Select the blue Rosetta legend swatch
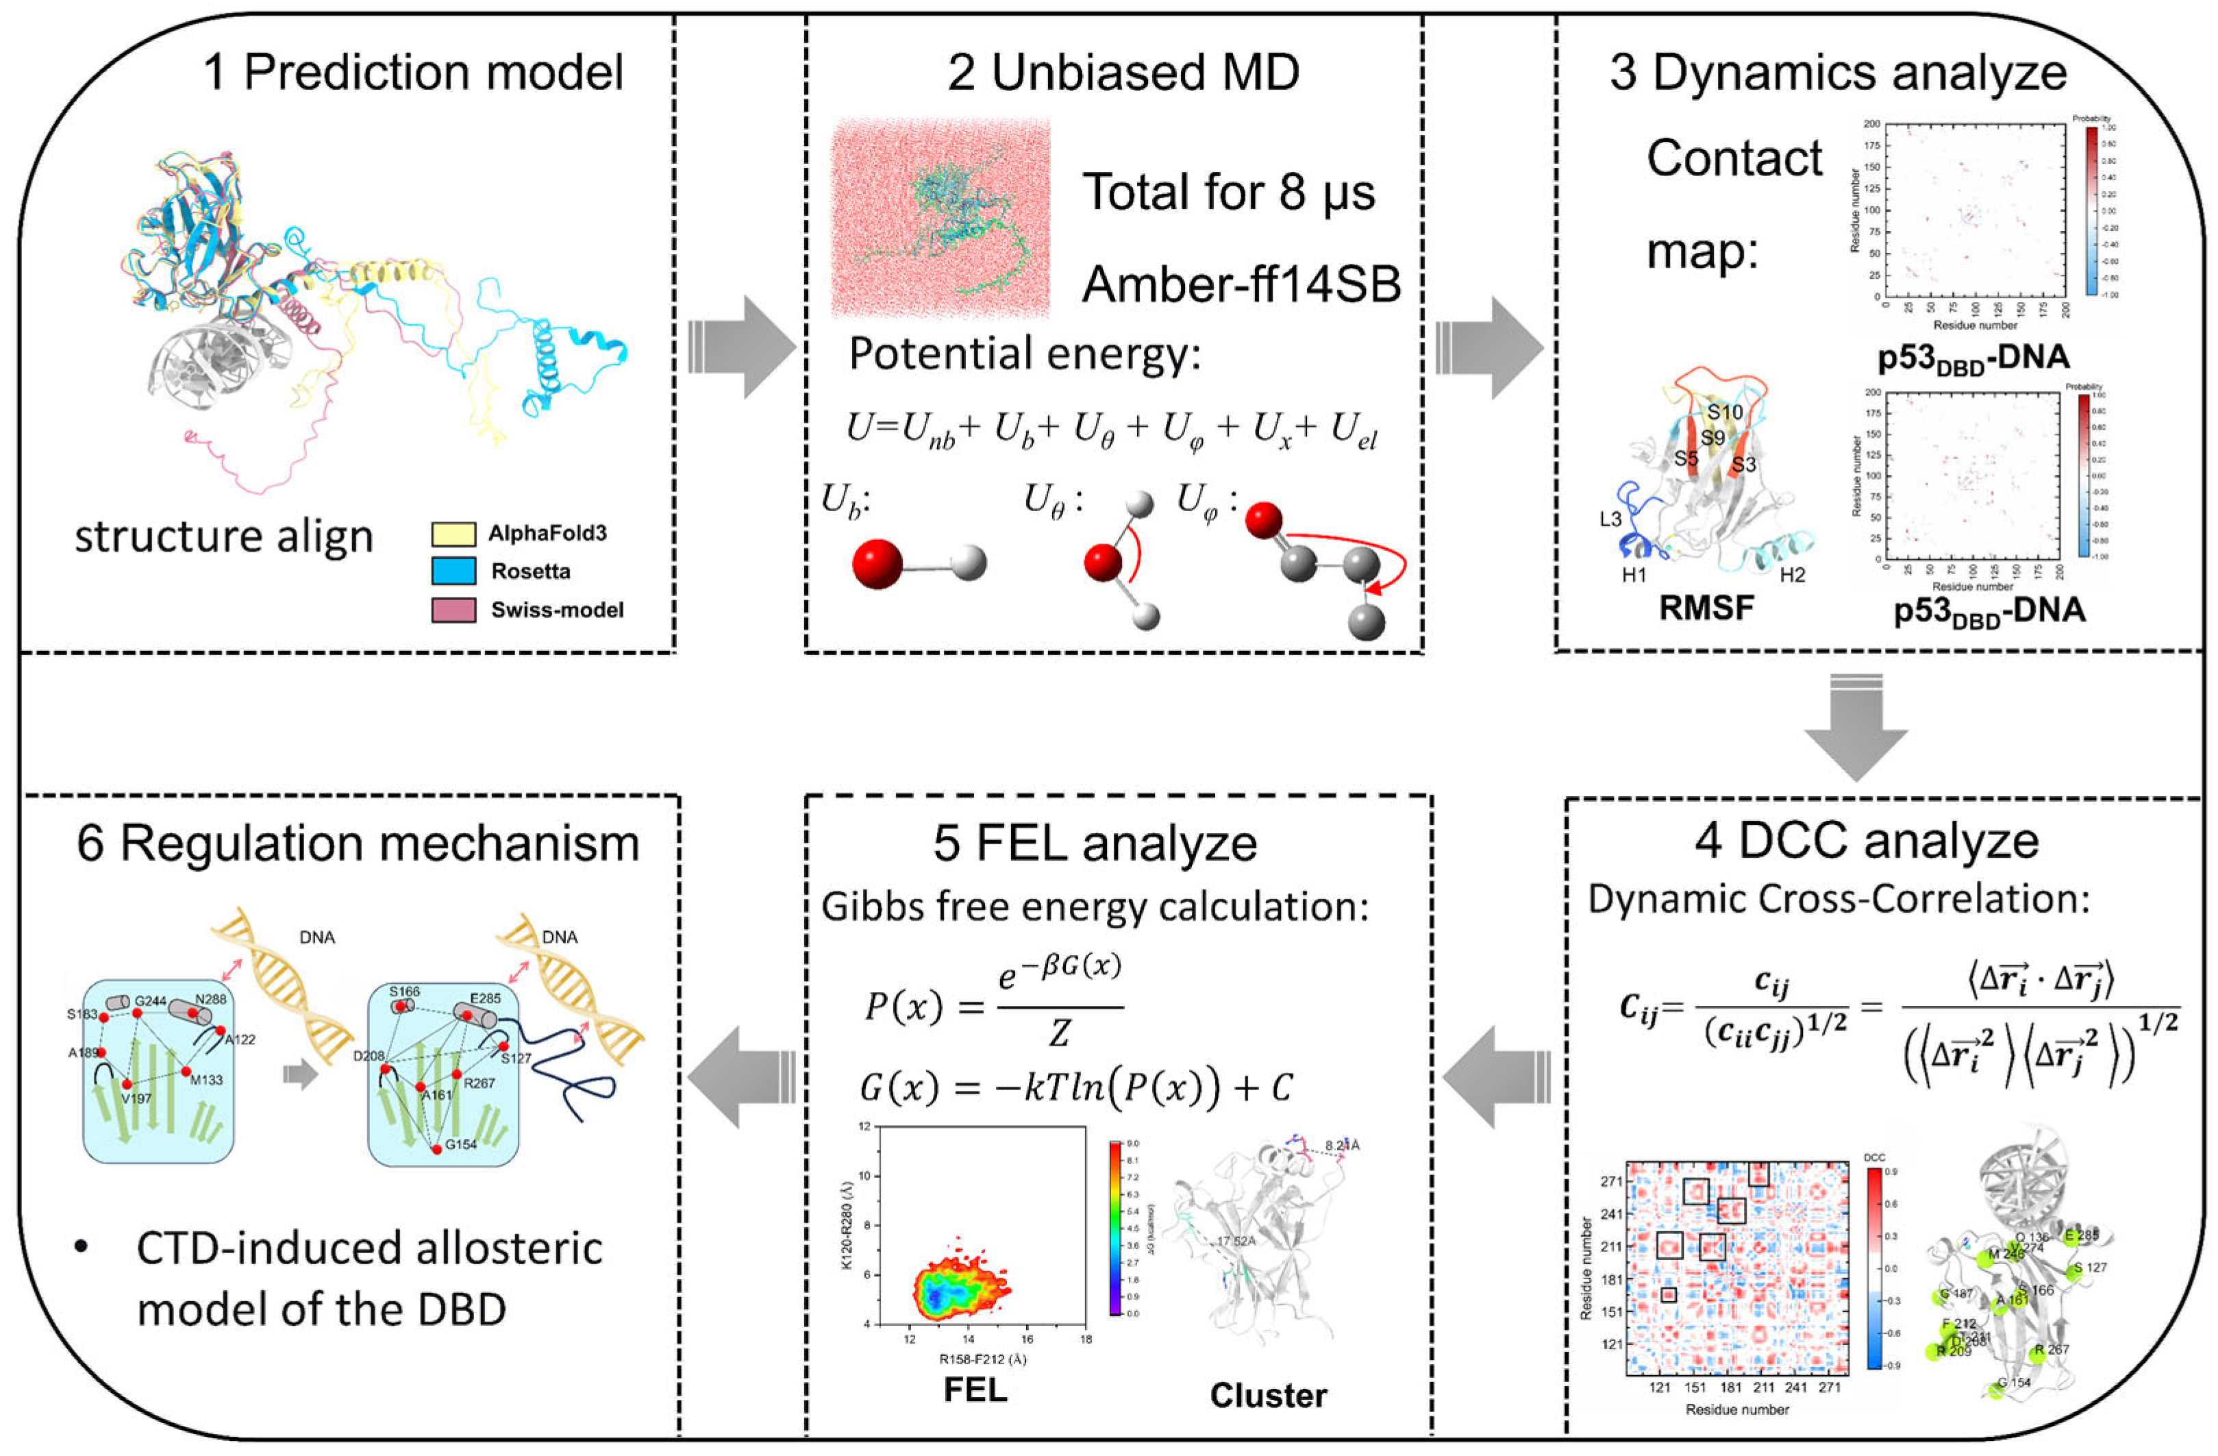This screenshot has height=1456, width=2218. click(454, 571)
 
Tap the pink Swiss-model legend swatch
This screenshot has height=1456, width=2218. click(454, 610)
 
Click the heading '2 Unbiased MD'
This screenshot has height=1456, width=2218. click(1123, 73)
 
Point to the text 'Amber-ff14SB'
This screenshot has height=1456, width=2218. click(1241, 284)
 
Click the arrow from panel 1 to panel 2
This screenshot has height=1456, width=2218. click(741, 347)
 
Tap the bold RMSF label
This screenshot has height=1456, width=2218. click(1706, 608)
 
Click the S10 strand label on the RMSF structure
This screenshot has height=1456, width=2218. click(1725, 412)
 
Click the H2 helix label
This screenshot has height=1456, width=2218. click(1792, 575)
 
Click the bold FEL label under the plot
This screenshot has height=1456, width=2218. click(975, 1390)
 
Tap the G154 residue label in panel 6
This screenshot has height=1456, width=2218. click(461, 1144)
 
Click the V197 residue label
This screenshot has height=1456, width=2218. click(136, 1098)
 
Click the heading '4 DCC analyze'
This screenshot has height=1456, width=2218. click(1867, 841)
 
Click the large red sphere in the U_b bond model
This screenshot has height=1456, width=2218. click(876, 563)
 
